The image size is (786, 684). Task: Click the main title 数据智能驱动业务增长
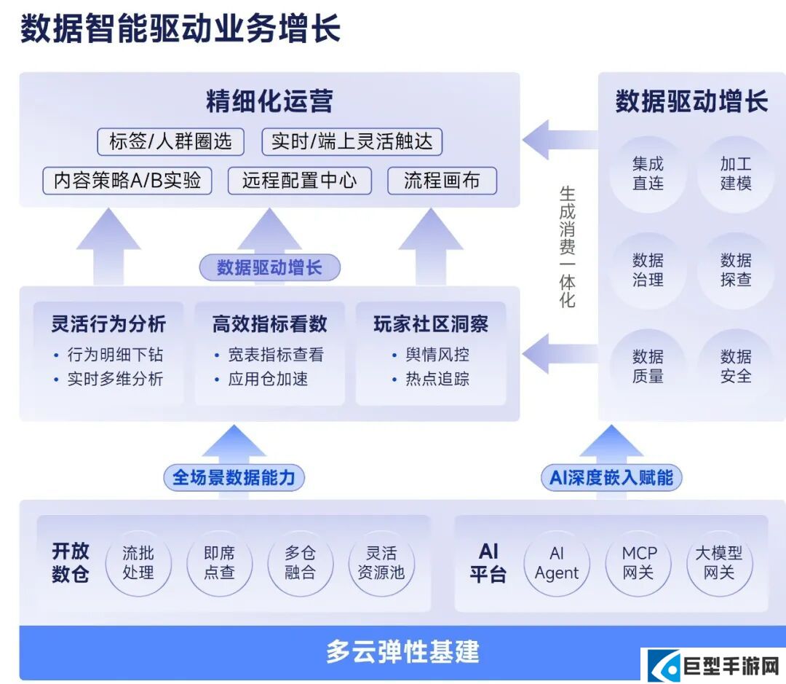tap(180, 30)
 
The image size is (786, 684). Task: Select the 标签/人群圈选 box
tap(170, 141)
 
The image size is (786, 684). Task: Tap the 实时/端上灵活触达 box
tap(352, 141)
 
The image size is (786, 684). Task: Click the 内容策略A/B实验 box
tap(127, 181)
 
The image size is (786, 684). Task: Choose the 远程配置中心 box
tap(299, 181)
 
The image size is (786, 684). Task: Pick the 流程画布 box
tap(442, 181)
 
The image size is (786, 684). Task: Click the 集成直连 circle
tap(647, 173)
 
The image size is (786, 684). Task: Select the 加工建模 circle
tap(735, 173)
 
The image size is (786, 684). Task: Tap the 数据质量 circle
tap(647, 366)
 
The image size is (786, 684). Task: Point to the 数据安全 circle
tap(735, 366)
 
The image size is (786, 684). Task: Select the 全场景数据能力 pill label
tap(234, 478)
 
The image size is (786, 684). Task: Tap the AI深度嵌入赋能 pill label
tap(611, 478)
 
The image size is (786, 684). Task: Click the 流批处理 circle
tap(138, 563)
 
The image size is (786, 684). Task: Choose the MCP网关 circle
tap(638, 563)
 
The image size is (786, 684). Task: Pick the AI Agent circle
tap(557, 563)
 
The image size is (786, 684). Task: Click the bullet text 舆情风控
tap(437, 355)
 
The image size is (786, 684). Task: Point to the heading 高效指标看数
tap(269, 323)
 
